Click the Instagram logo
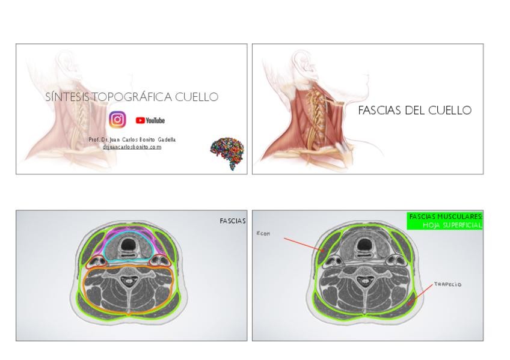117,120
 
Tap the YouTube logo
150,120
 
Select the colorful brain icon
229,154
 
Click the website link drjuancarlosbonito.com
132,147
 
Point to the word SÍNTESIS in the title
67,97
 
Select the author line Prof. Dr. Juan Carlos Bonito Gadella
132,139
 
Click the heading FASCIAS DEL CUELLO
414,111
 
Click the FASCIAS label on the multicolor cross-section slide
232,221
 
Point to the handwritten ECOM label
263,234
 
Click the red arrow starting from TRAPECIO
420,295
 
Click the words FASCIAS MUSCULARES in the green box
445,216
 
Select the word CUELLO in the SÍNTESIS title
197,97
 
